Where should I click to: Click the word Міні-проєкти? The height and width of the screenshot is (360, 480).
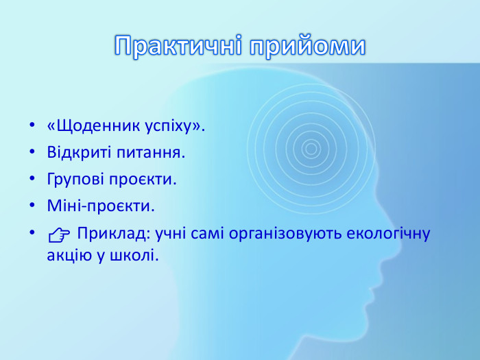point(101,206)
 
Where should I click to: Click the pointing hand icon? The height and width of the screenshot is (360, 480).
point(59,235)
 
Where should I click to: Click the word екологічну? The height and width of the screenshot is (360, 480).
point(393,233)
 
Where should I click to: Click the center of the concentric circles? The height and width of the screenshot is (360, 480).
point(311,148)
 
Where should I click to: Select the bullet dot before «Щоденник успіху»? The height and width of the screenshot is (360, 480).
point(32,128)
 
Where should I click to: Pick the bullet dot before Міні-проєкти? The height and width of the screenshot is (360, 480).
point(32,206)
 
